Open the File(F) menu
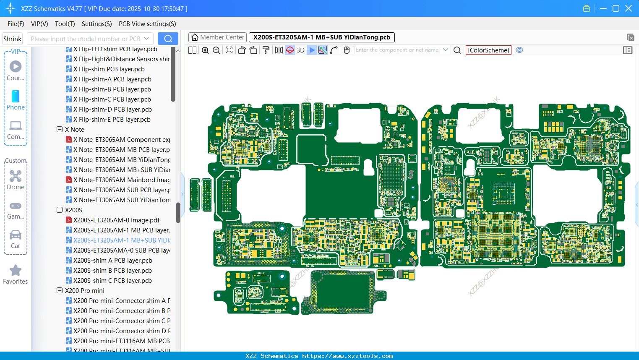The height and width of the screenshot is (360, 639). [x=16, y=24]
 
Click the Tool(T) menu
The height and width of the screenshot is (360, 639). [x=65, y=24]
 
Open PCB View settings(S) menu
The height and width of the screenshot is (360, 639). [x=147, y=24]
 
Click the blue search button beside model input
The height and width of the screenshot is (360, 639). [x=168, y=39]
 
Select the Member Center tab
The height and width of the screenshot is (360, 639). [x=217, y=37]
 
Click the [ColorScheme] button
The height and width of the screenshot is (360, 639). [x=488, y=50]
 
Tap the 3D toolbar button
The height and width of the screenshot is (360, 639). [x=300, y=50]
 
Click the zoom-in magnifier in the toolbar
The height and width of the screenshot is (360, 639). [x=205, y=50]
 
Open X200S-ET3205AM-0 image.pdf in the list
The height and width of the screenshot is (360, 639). [x=116, y=220]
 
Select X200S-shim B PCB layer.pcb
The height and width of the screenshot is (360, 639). [x=112, y=270]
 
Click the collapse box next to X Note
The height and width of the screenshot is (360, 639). [x=60, y=129]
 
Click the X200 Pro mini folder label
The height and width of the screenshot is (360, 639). [x=85, y=290]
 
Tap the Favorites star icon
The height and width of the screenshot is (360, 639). [x=16, y=271]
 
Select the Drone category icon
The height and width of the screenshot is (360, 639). [x=16, y=177]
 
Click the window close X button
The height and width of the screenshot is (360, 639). [x=629, y=8]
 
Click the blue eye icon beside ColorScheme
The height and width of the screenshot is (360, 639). [x=519, y=50]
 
